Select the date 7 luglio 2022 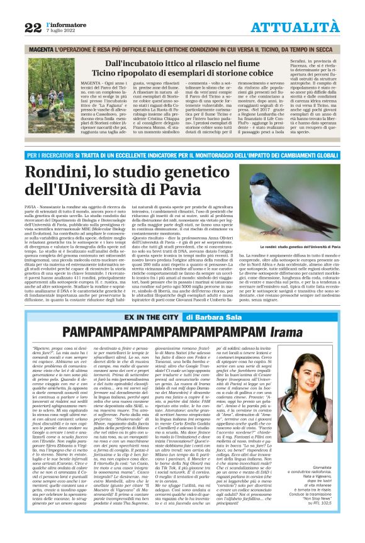tap(59, 31)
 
